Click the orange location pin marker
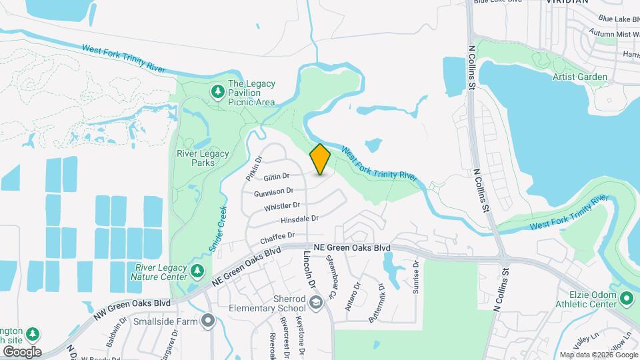(x=321, y=159)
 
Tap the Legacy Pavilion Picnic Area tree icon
(x=217, y=91)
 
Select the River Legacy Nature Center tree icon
(x=197, y=271)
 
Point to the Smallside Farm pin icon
(x=209, y=321)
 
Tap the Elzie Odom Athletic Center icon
(x=626, y=297)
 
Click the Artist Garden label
(x=580, y=77)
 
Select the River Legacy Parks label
(x=203, y=158)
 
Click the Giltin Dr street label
(x=276, y=177)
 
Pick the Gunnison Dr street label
(x=273, y=193)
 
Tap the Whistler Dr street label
(x=282, y=207)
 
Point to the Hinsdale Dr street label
(x=299, y=219)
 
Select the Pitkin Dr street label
(x=254, y=169)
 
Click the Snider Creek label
(x=218, y=228)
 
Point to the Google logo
(x=21, y=351)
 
